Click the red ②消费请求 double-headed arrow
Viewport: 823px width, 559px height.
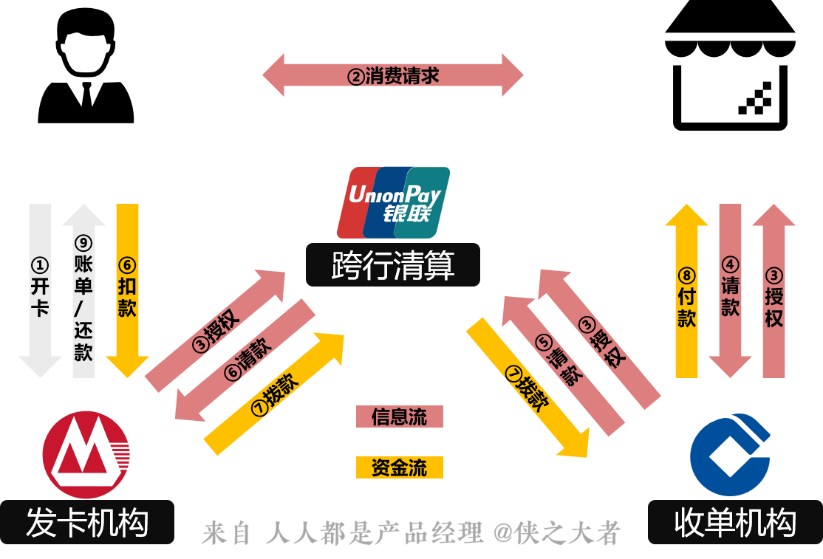coord(393,75)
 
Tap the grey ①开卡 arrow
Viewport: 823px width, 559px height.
coord(40,288)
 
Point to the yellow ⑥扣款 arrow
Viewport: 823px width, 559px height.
coord(127,288)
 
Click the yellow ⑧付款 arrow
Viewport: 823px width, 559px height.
coord(686,295)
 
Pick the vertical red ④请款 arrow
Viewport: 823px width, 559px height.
coord(730,288)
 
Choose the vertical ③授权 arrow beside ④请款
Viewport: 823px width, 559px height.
coord(774,295)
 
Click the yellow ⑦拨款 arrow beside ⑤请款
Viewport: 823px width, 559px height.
coord(527,388)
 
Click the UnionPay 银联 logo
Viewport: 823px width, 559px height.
coord(393,202)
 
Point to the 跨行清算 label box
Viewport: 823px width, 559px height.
coord(393,265)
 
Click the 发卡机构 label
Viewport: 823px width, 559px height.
coord(87,522)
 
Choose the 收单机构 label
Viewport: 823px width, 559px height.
coord(735,522)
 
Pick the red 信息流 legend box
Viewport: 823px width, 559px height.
coord(399,416)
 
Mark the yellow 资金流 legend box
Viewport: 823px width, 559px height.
coord(399,467)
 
